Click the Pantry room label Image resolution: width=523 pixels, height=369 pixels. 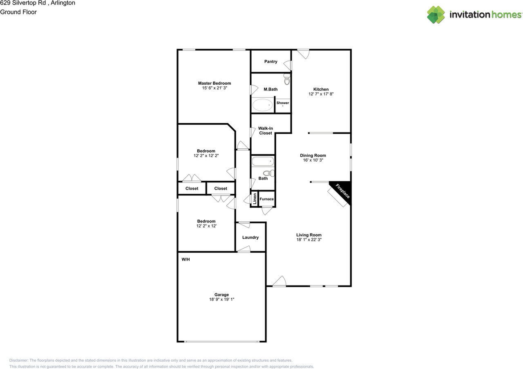[270, 62]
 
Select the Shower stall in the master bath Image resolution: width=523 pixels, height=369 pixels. [283, 104]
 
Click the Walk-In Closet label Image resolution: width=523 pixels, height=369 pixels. [265, 130]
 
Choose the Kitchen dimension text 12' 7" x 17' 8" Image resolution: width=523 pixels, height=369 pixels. [321, 94]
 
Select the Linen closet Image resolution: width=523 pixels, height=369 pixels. [255, 199]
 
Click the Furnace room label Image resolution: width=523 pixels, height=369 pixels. [267, 199]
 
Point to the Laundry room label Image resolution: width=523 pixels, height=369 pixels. [250, 237]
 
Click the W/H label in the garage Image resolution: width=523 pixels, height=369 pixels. [186, 259]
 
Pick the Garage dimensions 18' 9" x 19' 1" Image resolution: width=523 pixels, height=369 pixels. [221, 299]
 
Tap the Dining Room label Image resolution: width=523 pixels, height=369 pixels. [313, 155]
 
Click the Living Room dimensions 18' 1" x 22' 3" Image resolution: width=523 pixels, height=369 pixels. [308, 240]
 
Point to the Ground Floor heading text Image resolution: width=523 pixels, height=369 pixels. [18, 12]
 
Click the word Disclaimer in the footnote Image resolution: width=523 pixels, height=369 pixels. [19, 360]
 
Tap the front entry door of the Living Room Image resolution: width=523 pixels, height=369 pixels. [279, 282]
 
